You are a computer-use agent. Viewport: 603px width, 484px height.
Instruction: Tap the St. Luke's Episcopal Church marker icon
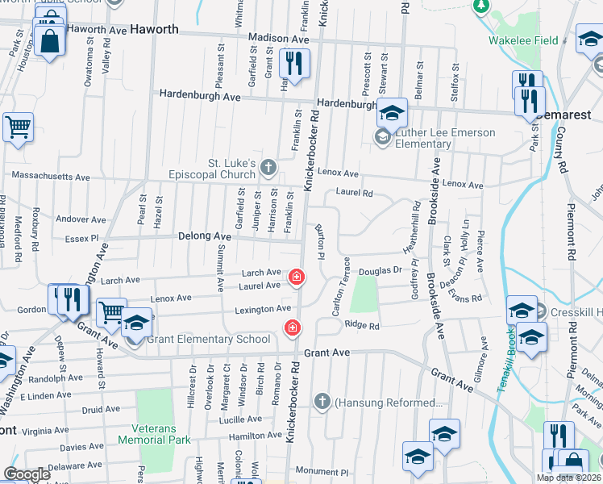269,168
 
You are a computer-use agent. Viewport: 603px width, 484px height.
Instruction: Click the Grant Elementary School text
208,339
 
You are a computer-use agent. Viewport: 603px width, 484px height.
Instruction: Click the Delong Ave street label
206,236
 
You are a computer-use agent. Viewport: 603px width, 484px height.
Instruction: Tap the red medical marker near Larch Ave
297,278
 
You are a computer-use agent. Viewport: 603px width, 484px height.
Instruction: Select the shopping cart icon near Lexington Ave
111,311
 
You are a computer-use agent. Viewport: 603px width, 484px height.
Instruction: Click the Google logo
27,474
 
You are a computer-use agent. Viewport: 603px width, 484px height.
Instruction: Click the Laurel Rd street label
355,193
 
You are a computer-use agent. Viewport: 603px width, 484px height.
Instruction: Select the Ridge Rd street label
362,325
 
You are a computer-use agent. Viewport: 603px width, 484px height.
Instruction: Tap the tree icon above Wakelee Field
481,5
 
